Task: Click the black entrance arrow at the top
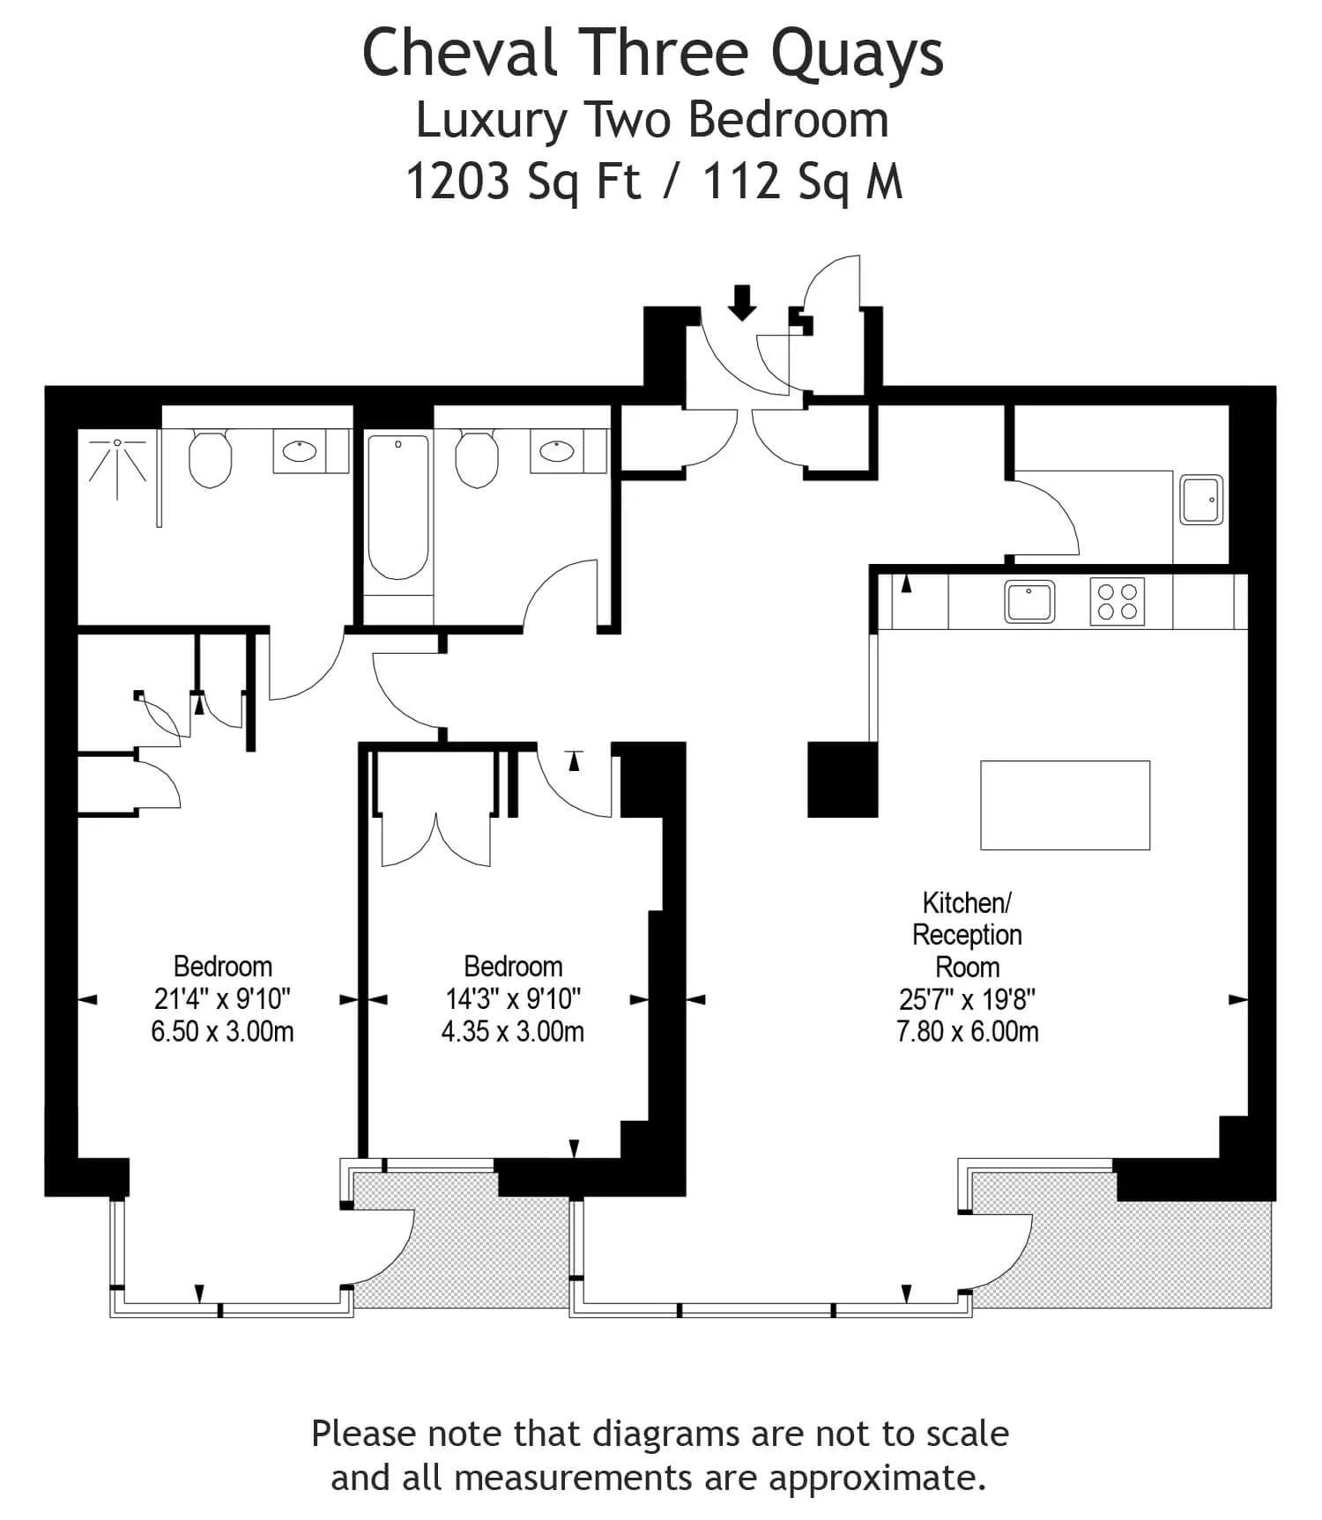[x=743, y=302]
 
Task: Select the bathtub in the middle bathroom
[x=398, y=506]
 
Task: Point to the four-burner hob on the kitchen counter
[x=1118, y=602]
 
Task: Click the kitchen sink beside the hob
[x=1029, y=602]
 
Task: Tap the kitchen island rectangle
[x=1065, y=805]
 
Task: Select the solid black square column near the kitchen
[x=843, y=780]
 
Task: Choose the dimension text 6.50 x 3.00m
[x=222, y=1032]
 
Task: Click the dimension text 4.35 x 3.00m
[x=513, y=1032]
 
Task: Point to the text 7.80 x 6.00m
[x=968, y=1032]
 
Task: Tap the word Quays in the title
[x=857, y=55]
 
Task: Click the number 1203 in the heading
[x=458, y=182]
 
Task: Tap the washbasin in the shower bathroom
[x=300, y=452]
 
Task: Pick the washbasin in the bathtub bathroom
[x=557, y=452]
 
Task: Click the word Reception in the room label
[x=967, y=935]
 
